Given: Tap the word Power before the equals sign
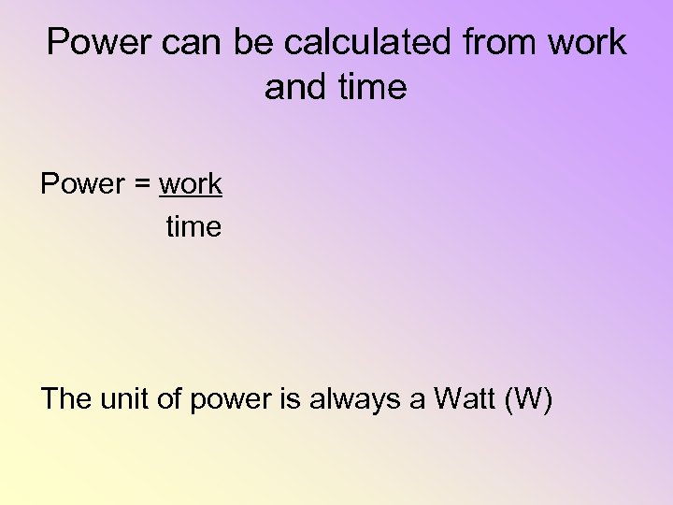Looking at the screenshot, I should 82,184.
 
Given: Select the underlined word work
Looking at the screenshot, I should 191,184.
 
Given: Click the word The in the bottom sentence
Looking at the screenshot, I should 65,399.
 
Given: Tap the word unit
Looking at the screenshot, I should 122,399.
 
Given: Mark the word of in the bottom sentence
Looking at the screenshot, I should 170,399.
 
